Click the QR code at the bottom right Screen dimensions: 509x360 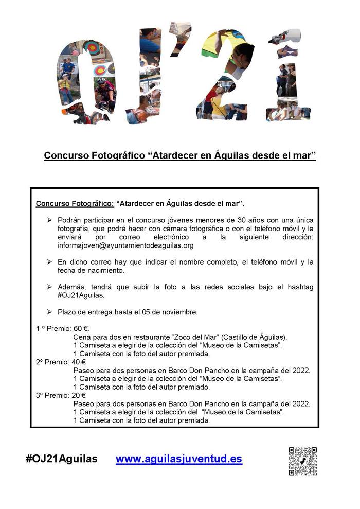[302, 461]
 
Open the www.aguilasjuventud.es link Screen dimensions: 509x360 [178, 459]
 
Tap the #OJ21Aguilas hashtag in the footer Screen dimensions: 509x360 [61, 459]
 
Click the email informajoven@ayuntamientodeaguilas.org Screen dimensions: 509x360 [125, 245]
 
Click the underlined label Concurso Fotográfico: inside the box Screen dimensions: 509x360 [75, 203]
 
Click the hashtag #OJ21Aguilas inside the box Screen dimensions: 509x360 [81, 295]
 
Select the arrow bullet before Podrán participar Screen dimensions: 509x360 [49, 220]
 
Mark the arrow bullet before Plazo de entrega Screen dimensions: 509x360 [49, 312]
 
